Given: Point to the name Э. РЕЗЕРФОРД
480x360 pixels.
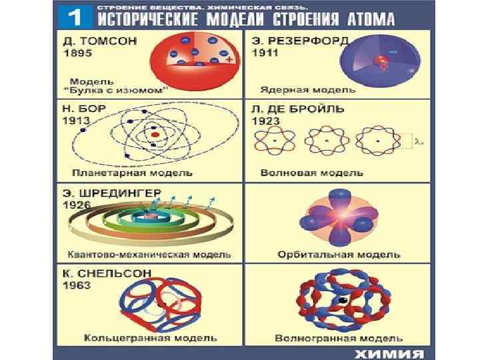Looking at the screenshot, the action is [300, 41].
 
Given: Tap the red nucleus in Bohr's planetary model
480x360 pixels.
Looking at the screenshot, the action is [155, 135].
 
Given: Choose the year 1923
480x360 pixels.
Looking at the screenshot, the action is [265, 121].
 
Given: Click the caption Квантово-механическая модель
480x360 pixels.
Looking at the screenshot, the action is [150, 255].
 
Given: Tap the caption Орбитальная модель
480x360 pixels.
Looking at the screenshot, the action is [339, 255].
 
